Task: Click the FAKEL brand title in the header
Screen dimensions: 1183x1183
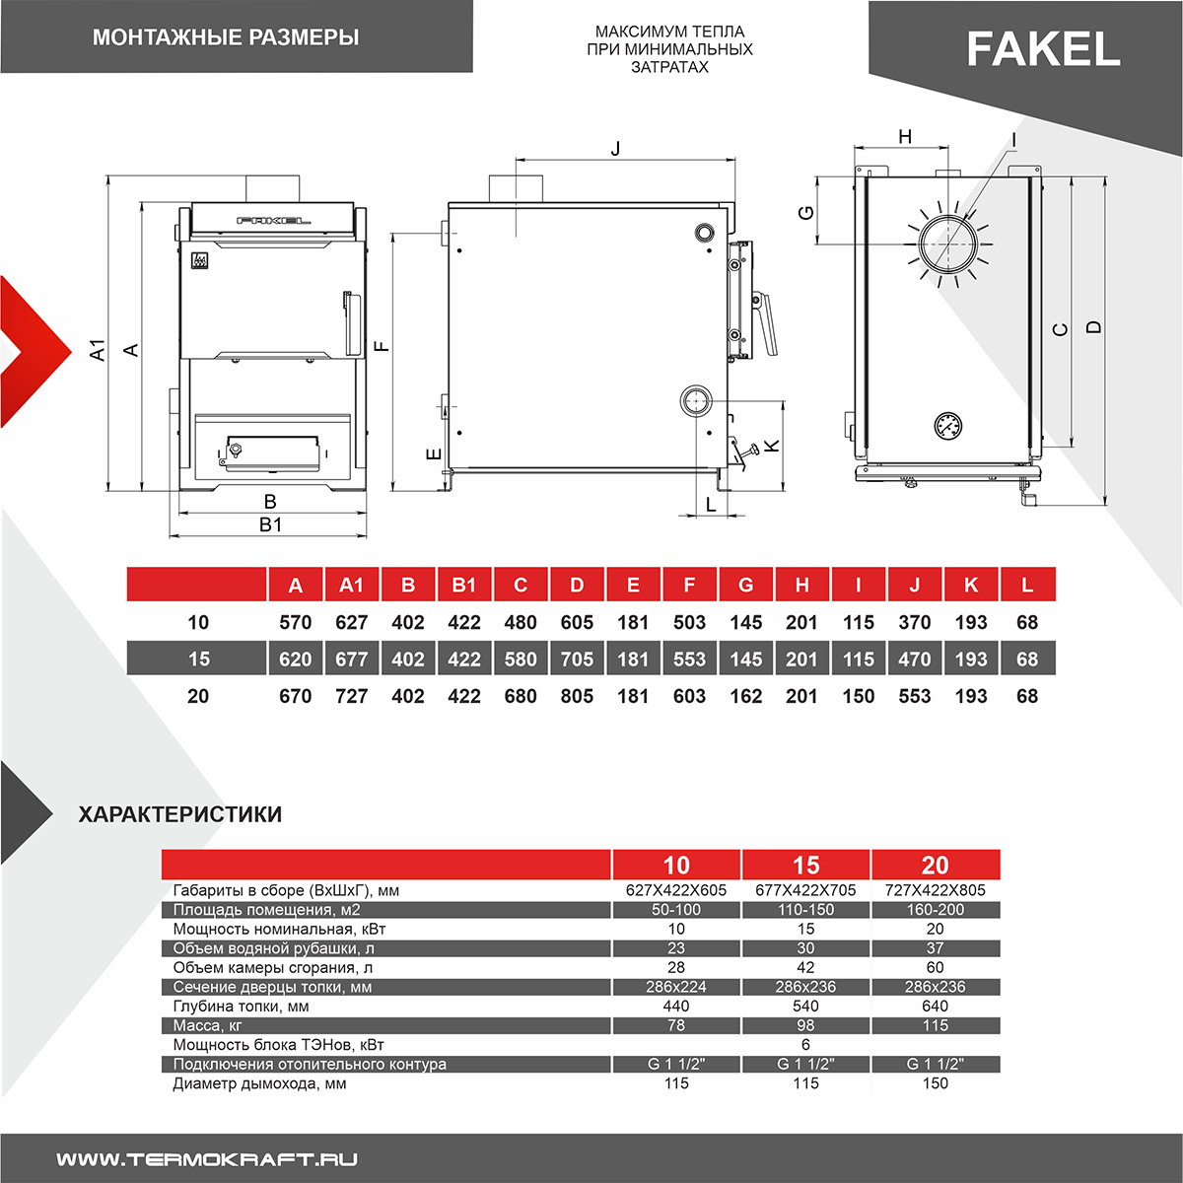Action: tap(1043, 49)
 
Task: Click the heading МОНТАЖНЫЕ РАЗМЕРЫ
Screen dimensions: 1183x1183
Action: tap(226, 37)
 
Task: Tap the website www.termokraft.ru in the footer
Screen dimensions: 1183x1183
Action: tap(206, 1159)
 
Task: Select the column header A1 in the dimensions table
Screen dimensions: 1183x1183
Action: tap(352, 585)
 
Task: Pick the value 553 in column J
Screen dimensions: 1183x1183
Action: tap(915, 696)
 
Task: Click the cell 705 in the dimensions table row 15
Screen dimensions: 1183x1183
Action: tap(577, 659)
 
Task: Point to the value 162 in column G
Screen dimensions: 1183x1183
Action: tap(745, 696)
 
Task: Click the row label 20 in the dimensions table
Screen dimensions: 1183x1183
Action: tap(198, 696)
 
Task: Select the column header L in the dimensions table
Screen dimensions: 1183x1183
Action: tap(1027, 585)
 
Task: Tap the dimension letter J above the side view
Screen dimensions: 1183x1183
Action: tap(616, 149)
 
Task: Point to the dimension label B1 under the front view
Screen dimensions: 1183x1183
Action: tap(270, 524)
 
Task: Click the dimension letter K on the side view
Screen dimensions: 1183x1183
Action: tap(772, 446)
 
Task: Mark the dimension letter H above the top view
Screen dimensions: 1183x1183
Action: tap(905, 137)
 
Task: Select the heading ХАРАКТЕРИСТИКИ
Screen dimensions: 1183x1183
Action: tap(180, 814)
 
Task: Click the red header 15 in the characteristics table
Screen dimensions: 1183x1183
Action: tap(805, 865)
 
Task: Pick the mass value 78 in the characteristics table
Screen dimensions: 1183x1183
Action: tap(676, 1025)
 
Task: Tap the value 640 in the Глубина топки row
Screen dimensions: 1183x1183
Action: tap(935, 1007)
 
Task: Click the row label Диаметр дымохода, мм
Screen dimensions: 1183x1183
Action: tap(259, 1083)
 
